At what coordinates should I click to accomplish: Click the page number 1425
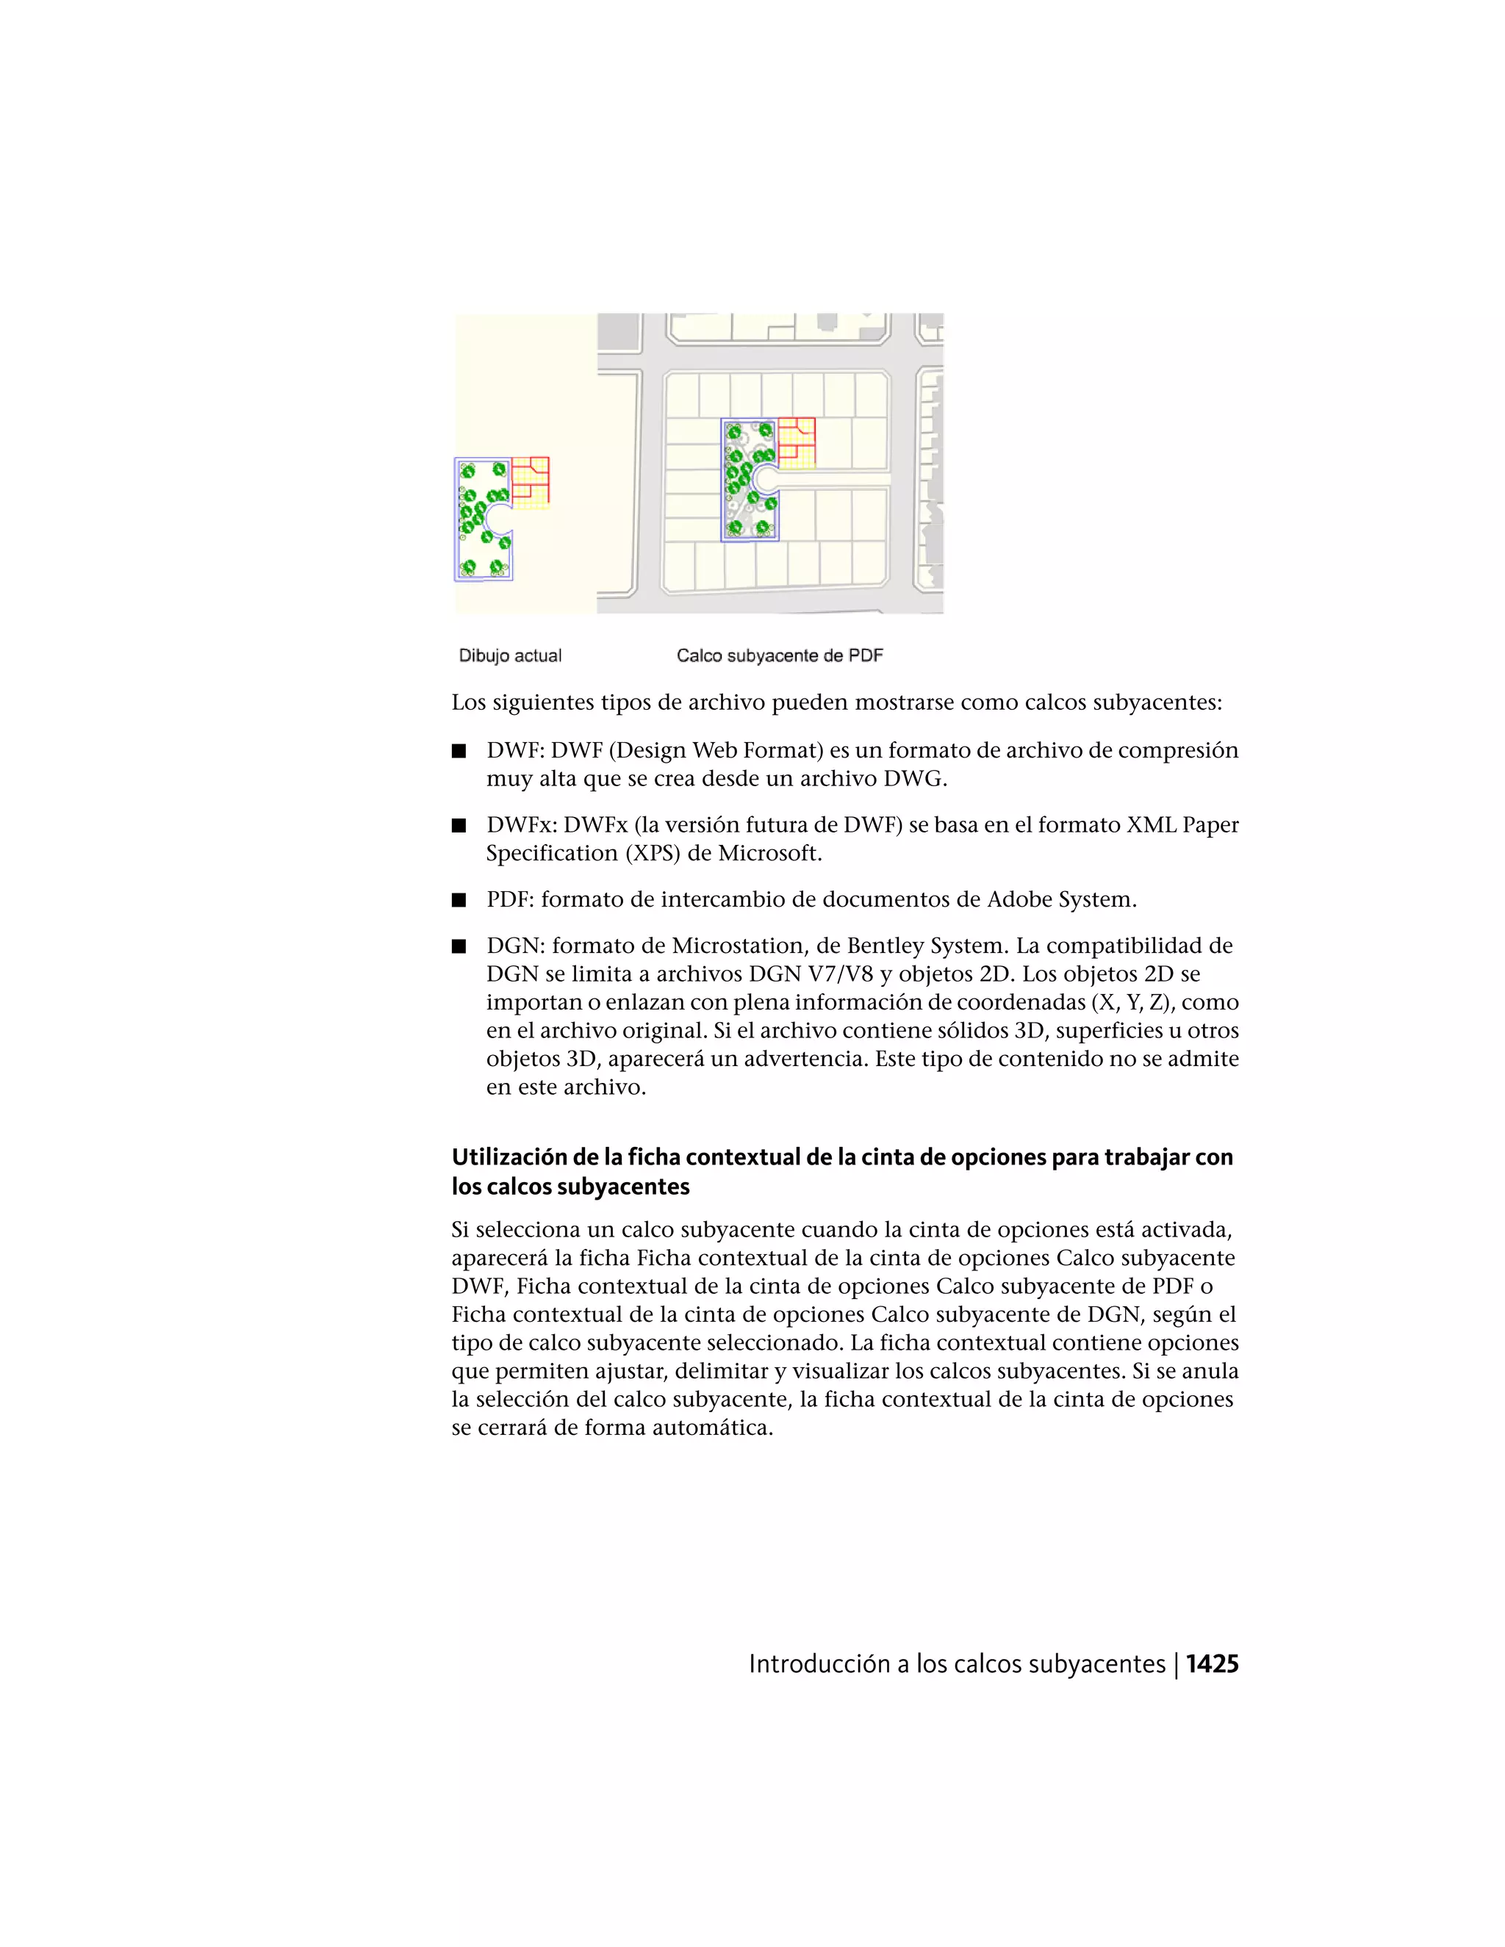click(x=1212, y=1664)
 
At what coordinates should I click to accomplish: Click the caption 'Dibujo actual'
click(x=510, y=656)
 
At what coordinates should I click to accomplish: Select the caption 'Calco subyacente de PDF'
click(x=779, y=656)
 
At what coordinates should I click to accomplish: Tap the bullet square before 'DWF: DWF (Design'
click(x=459, y=751)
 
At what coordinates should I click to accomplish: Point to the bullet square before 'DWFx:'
click(x=459, y=826)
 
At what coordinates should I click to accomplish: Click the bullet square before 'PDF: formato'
click(x=459, y=901)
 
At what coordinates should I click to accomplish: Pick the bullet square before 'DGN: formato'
click(x=459, y=947)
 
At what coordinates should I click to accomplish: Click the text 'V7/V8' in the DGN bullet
click(x=840, y=974)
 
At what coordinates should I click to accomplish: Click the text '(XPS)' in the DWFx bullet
click(x=655, y=854)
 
